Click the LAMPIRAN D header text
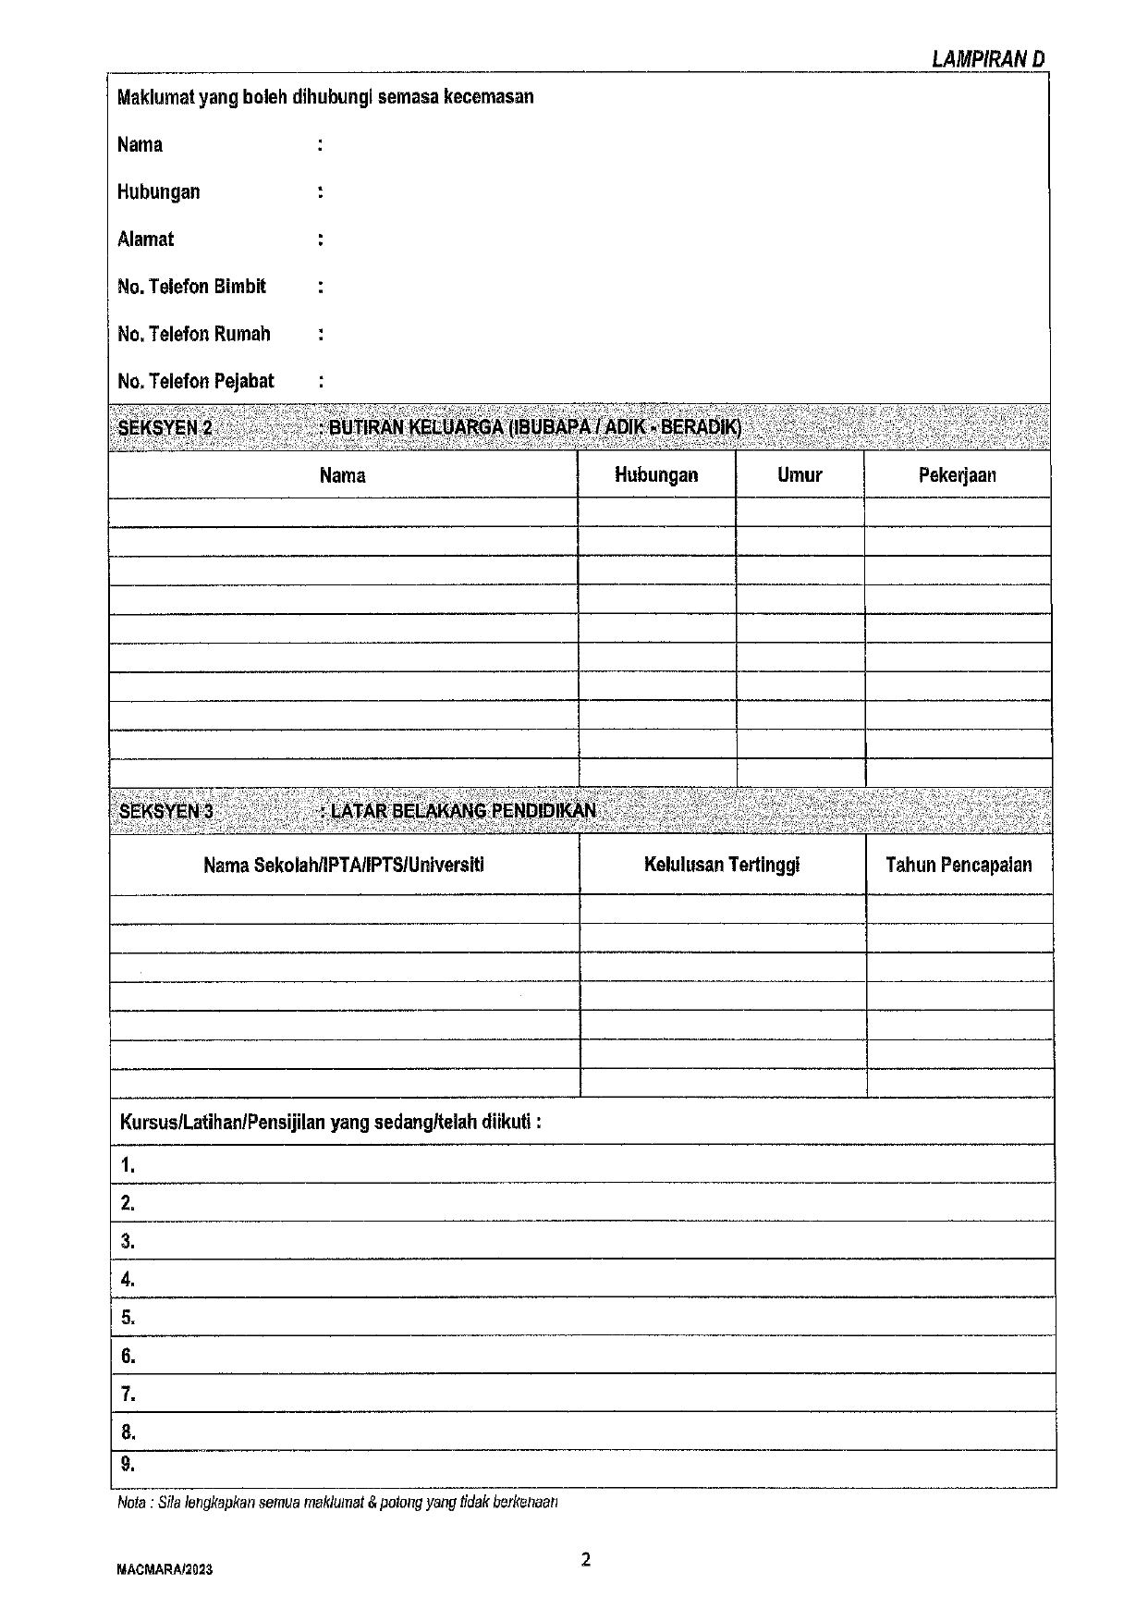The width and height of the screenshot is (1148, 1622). [987, 60]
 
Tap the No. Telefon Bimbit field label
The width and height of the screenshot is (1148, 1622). [191, 287]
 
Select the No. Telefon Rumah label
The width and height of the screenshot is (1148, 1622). [194, 334]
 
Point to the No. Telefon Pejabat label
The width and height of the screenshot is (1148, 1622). [196, 381]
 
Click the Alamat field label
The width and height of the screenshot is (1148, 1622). [145, 240]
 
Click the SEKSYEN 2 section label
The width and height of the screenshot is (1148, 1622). [165, 428]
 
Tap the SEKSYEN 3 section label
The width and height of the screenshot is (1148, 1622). [166, 811]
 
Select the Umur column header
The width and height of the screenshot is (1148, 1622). [800, 475]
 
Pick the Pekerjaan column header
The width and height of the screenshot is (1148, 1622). [957, 475]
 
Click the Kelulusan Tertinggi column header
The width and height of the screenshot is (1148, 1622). [722, 865]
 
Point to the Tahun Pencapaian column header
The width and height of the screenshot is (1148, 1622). [959, 865]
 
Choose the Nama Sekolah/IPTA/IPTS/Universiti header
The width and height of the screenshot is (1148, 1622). [344, 865]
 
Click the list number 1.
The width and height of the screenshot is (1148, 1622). [128, 1165]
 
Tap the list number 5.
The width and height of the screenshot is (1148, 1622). [128, 1318]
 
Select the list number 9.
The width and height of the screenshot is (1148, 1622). [128, 1464]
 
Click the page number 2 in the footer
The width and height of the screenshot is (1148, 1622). [585, 1561]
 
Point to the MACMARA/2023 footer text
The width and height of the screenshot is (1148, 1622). [165, 1569]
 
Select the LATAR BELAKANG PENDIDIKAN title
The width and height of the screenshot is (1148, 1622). [462, 811]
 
